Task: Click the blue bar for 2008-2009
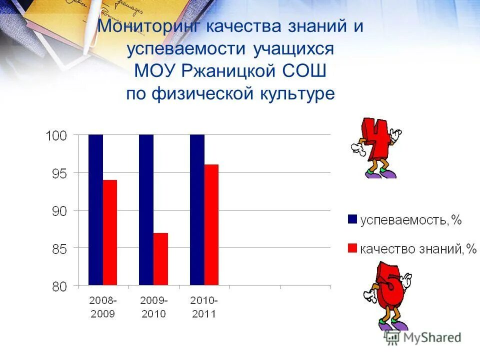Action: pos(95,210)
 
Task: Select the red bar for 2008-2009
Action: pos(110,232)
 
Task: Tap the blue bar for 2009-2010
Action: pos(146,210)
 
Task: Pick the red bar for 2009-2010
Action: pos(160,259)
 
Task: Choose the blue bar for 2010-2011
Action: pos(197,210)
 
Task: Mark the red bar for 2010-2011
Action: pos(211,225)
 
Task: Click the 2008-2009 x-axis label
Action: pos(103,307)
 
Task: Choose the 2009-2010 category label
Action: pos(153,307)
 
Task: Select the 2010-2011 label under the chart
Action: pos(204,307)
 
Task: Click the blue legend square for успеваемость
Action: pos(352,219)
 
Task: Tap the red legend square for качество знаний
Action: pos(352,248)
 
